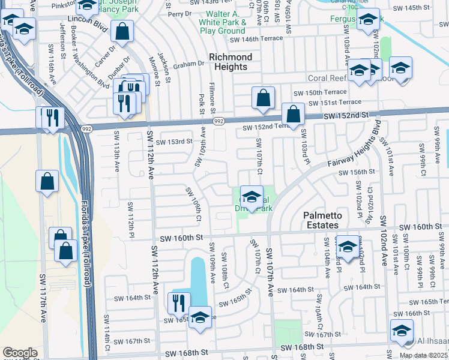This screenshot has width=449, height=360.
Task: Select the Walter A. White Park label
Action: (x=226, y=22)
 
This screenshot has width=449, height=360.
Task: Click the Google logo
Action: (x=20, y=353)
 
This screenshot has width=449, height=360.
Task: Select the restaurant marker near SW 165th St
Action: (x=178, y=303)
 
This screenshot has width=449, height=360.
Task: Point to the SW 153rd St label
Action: (x=174, y=142)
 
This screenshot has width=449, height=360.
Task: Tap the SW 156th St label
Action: (x=357, y=172)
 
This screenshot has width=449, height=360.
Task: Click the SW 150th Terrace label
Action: (x=319, y=92)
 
